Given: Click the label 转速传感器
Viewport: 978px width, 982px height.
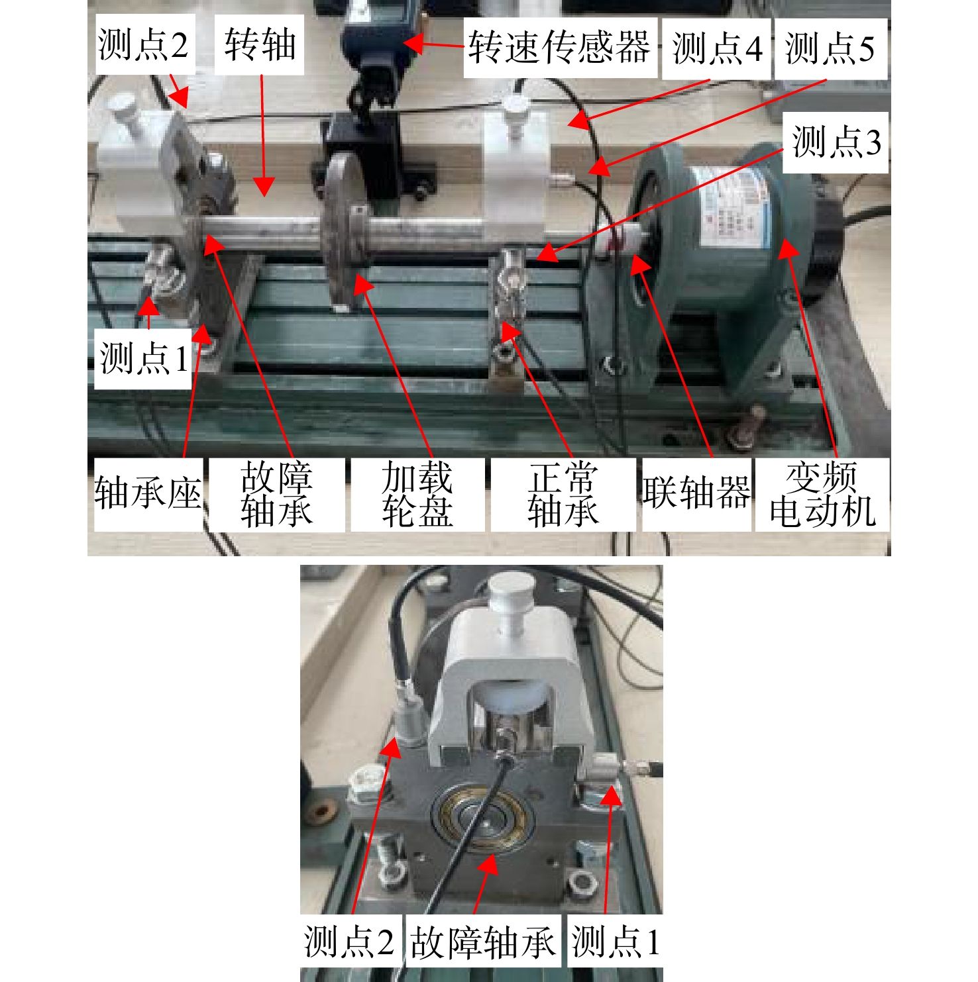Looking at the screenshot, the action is coord(559,48).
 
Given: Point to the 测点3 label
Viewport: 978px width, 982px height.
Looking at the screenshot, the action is coord(836,142).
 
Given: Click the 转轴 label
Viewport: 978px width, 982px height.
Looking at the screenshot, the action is coord(260,45).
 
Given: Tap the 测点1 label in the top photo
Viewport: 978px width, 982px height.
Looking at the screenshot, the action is coord(144,358).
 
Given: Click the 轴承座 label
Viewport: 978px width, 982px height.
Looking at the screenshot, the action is coord(148,493).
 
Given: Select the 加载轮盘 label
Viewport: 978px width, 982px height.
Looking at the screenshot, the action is coord(417,494).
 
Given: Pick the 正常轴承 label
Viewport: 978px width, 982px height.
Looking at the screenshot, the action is coord(563,494).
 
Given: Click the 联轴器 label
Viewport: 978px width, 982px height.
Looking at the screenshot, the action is coord(696,492).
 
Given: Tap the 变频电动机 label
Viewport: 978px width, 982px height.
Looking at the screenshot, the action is coord(822,494).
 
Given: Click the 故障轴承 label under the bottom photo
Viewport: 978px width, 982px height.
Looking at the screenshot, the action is coord(482,942).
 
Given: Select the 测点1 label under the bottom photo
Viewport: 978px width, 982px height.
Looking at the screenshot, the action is coord(615,941).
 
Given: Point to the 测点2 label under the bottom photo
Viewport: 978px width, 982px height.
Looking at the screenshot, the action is coord(349,941).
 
